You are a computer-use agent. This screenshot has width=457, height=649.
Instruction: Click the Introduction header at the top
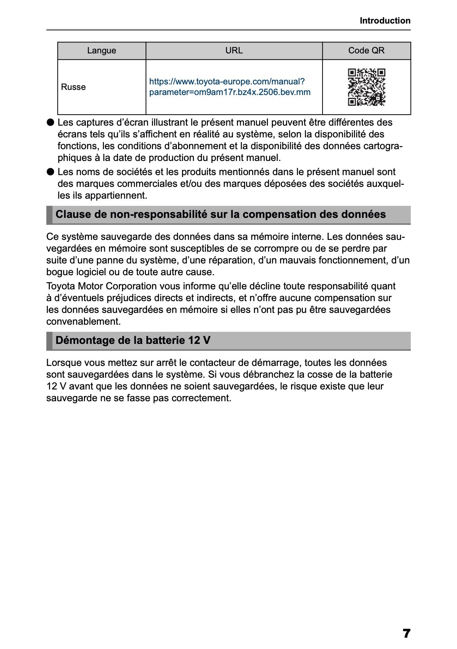click(x=385, y=21)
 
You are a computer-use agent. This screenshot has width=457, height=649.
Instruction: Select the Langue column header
click(x=102, y=51)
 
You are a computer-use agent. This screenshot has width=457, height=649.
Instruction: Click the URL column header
click(x=234, y=51)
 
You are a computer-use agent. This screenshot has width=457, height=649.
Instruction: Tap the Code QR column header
click(x=366, y=51)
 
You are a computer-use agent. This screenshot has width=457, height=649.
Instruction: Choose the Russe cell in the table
click(x=73, y=87)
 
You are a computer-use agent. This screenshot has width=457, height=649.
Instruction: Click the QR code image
click(x=366, y=87)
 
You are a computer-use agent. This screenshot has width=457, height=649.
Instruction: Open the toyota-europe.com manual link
click(x=229, y=87)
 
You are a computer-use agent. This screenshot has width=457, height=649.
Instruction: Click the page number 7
click(x=406, y=633)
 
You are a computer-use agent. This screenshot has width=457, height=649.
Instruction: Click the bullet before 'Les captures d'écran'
click(x=50, y=122)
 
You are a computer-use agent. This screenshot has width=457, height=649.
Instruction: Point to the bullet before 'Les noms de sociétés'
click(x=50, y=172)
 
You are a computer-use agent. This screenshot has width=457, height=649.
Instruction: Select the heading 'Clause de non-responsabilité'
click(x=220, y=214)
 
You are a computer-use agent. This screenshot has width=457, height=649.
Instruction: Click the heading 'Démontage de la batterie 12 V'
click(x=133, y=340)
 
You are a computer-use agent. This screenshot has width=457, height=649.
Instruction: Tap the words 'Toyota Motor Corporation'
click(x=101, y=286)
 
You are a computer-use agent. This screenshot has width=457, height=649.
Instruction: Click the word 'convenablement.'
click(x=84, y=322)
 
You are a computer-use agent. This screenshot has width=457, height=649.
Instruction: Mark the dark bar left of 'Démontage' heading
click(x=49, y=341)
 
